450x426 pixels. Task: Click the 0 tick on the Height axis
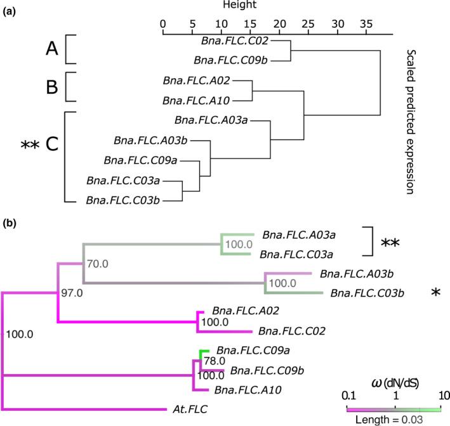[163, 23]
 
